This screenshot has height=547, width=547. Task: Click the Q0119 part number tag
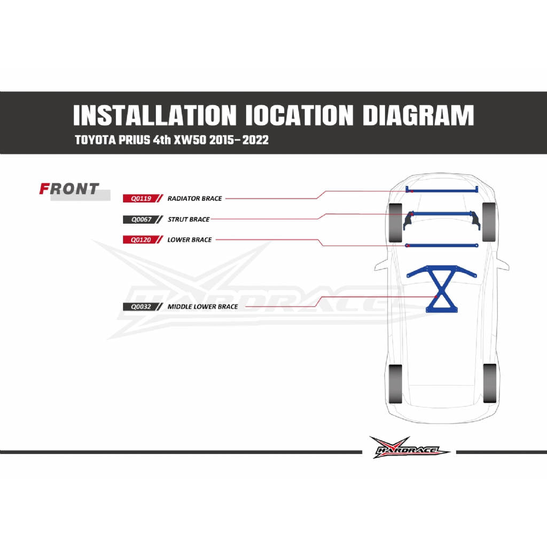point(140,199)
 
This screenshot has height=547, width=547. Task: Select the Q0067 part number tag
point(140,220)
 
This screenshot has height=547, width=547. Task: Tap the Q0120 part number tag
point(140,240)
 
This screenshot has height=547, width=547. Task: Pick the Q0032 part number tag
point(140,307)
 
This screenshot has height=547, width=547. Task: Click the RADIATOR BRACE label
point(194,199)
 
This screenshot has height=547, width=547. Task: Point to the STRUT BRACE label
point(189,220)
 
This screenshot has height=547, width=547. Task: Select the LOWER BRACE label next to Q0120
point(190,240)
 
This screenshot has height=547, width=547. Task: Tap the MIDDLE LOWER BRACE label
point(202,307)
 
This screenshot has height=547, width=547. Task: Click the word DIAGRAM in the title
point(418,115)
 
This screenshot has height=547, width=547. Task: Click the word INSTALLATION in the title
point(155,115)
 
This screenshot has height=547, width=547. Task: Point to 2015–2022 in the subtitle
point(239,140)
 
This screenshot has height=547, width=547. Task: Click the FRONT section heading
point(69,189)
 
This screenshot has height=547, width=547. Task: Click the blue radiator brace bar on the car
point(442,191)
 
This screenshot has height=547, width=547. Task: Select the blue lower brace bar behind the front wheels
point(441,246)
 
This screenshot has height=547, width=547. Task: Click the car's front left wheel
point(395,223)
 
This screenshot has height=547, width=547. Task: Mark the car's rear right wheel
point(489,383)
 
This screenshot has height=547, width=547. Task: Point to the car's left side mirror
point(381,267)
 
